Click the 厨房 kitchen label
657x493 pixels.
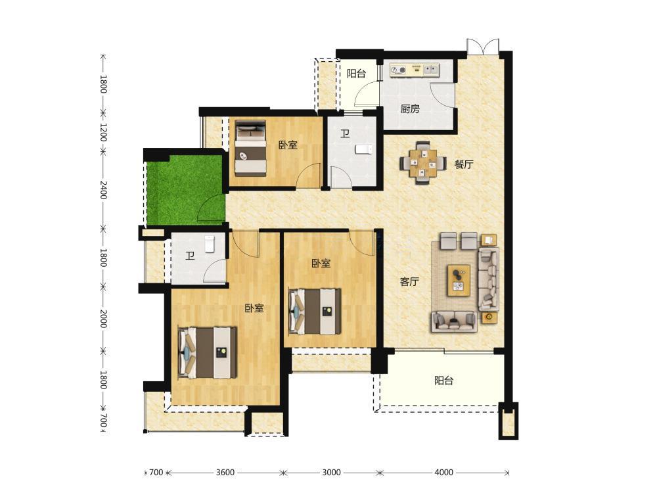point(410,109)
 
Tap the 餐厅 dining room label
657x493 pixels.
point(464,164)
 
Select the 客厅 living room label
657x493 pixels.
point(409,282)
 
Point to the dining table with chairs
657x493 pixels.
point(422,163)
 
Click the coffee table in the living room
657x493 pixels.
point(459,281)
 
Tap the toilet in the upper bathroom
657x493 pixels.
point(364,149)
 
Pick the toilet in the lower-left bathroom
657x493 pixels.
point(209,244)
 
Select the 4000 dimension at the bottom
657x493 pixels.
point(443,473)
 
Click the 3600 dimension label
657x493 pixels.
point(225,473)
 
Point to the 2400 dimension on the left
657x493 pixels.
point(104,190)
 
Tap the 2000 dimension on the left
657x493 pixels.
point(104,319)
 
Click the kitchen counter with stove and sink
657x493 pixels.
point(415,70)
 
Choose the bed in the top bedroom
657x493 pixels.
point(250,148)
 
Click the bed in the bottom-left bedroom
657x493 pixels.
point(208,352)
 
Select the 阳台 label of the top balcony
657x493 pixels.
point(356,74)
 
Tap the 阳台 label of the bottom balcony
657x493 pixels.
point(443,381)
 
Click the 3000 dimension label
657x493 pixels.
point(331,473)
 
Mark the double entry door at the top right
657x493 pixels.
point(483,47)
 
